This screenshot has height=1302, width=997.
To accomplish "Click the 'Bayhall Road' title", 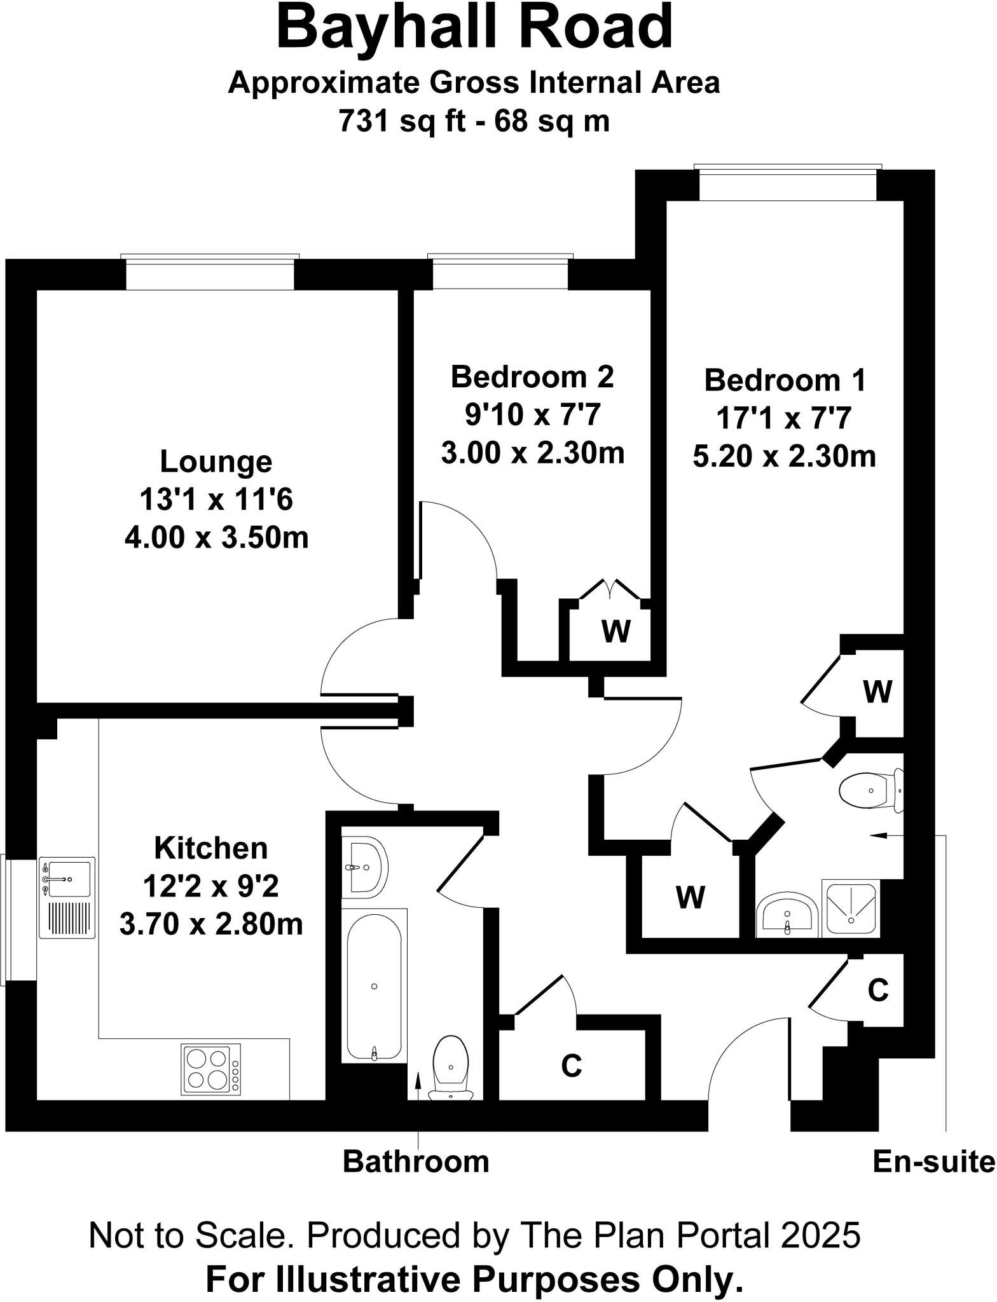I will (474, 28).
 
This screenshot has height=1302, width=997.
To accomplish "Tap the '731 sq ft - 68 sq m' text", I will (474, 120).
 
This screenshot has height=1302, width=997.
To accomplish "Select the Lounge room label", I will (216, 462).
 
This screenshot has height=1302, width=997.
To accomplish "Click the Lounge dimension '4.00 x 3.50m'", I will (216, 538).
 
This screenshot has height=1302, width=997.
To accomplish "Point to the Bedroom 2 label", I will (532, 377).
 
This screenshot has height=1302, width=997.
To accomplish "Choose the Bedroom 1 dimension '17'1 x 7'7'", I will (783, 419).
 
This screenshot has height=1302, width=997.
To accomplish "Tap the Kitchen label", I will (211, 848).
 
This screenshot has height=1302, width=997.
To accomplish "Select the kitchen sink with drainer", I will (67, 898).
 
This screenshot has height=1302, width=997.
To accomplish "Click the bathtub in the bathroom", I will (374, 987).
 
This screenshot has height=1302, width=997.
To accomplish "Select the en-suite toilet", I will (870, 791).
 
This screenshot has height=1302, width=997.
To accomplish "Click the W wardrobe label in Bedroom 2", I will (615, 632).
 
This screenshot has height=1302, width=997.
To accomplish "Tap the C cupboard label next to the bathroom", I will (571, 1066).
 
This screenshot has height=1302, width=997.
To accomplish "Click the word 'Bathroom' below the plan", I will (416, 1162).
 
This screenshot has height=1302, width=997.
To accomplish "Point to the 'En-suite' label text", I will (933, 1162).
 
